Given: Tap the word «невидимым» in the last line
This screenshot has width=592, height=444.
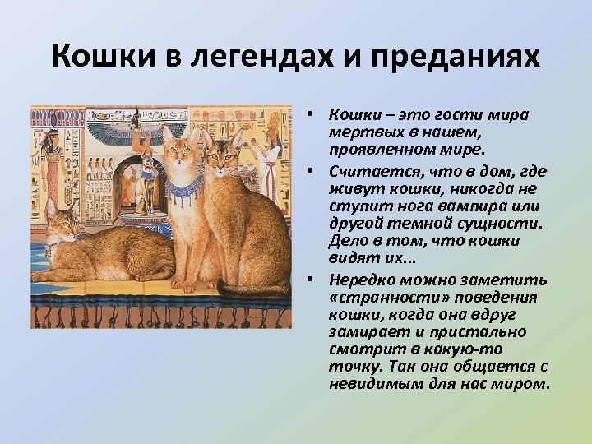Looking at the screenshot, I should pyautogui.click(x=366, y=384).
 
